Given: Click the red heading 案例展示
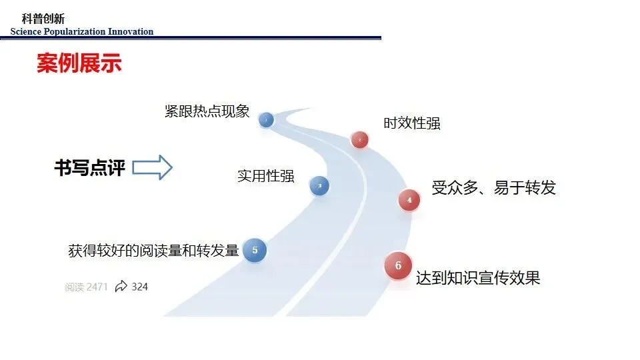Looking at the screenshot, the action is click(79, 65).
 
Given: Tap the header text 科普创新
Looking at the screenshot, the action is click(43, 19).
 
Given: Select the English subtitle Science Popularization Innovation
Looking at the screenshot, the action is click(82, 31).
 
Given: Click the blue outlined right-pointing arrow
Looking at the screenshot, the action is click(152, 167).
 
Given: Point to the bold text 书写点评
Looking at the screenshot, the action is click(89, 167).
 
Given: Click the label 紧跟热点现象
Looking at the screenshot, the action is click(207, 111).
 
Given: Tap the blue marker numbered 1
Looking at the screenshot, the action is click(266, 120).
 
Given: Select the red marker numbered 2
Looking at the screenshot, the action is click(359, 139).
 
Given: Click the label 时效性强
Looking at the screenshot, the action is click(411, 123).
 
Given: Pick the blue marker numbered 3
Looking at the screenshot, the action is click(319, 186).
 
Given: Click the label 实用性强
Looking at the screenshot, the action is click(265, 176).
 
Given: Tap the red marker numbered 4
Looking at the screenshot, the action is click(409, 200).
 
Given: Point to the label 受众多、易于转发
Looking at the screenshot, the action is click(493, 188).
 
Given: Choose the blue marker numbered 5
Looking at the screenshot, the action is click(255, 250).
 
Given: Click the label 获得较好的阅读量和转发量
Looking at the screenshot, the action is click(153, 251).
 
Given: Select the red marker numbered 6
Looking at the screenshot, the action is click(398, 266).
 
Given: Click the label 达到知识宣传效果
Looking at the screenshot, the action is click(477, 278).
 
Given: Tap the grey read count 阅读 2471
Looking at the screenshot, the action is click(86, 287).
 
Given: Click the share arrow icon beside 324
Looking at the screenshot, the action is click(121, 287).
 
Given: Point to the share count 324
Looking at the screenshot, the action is click(139, 287).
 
